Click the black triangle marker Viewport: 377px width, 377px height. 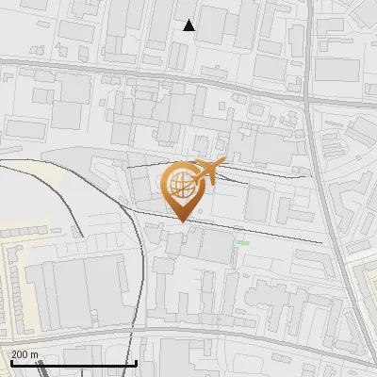(x=189, y=25)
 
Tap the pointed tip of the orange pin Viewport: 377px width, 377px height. (x=181, y=221)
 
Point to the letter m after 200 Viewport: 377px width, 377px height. (x=35, y=354)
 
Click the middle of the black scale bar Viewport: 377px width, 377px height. (x=73, y=363)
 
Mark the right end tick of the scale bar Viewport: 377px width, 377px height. (x=137, y=361)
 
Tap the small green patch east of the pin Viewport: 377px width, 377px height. (x=242, y=242)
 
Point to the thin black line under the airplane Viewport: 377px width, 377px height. (x=254, y=172)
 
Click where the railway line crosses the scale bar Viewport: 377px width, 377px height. (x=135, y=363)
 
